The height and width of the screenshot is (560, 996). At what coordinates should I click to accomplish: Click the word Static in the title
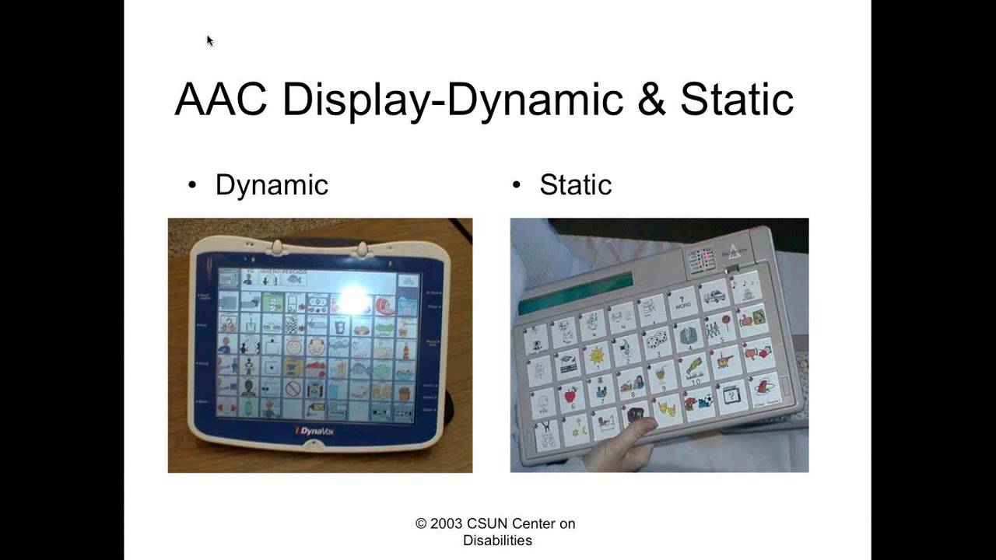tap(736, 100)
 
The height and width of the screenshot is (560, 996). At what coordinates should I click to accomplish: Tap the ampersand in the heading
tap(648, 100)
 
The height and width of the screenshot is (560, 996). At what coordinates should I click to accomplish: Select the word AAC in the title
tap(223, 100)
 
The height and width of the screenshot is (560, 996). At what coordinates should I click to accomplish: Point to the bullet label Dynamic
tap(272, 185)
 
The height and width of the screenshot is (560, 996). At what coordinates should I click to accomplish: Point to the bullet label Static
tap(575, 185)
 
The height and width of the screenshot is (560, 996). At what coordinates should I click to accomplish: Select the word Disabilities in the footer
tap(497, 540)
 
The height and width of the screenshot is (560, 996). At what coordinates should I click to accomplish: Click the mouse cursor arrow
tap(209, 40)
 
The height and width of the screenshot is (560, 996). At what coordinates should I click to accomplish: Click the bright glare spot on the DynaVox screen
tap(352, 299)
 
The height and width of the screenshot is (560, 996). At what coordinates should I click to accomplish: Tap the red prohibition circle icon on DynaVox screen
tap(293, 387)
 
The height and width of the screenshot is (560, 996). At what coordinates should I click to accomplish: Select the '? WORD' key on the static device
tap(683, 301)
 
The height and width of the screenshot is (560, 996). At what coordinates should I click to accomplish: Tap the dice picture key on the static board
tap(656, 340)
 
